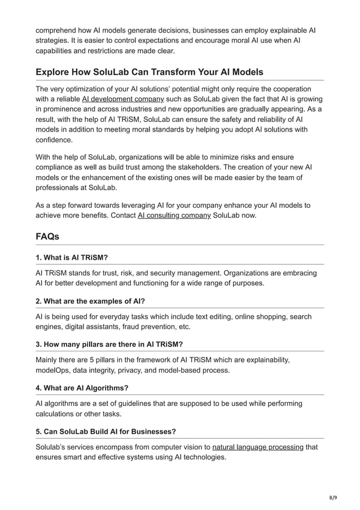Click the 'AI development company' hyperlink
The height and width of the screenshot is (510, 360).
click(123, 99)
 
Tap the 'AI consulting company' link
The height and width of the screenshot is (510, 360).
click(174, 215)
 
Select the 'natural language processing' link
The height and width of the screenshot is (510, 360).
click(258, 447)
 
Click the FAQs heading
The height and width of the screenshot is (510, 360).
click(47, 237)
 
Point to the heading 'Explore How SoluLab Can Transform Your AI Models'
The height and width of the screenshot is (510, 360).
click(149, 72)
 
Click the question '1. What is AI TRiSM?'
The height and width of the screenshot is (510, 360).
click(72, 257)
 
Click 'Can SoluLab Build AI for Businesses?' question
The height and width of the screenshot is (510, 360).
click(106, 431)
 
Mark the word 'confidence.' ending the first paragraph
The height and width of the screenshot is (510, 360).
click(54, 140)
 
